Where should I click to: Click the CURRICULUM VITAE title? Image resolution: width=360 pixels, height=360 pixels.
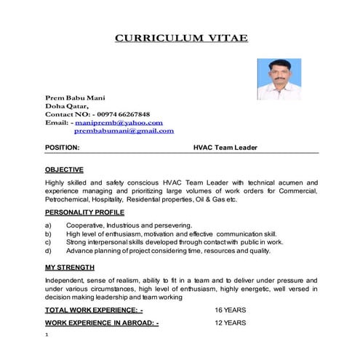(181, 38)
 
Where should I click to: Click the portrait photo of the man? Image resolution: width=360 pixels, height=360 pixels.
(279, 79)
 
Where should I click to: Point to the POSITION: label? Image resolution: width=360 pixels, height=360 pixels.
(63, 148)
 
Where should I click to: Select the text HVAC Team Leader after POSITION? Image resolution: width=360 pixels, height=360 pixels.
(225, 148)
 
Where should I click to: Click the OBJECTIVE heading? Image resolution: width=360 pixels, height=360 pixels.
(64, 169)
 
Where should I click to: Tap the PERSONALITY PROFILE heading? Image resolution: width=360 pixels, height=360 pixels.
(84, 212)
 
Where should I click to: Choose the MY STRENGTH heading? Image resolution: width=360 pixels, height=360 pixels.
(69, 268)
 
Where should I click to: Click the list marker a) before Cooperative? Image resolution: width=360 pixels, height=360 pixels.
(48, 225)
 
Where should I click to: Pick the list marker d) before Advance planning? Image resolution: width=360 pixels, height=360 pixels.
(48, 251)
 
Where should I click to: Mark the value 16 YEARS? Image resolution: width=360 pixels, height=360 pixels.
(230, 310)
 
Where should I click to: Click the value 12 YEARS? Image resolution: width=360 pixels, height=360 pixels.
(230, 322)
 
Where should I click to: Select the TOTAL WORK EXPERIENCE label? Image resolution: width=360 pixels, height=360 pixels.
(94, 310)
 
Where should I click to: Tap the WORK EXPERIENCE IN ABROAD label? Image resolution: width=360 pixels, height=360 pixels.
(102, 322)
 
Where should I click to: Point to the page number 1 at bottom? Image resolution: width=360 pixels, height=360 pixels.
(47, 335)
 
